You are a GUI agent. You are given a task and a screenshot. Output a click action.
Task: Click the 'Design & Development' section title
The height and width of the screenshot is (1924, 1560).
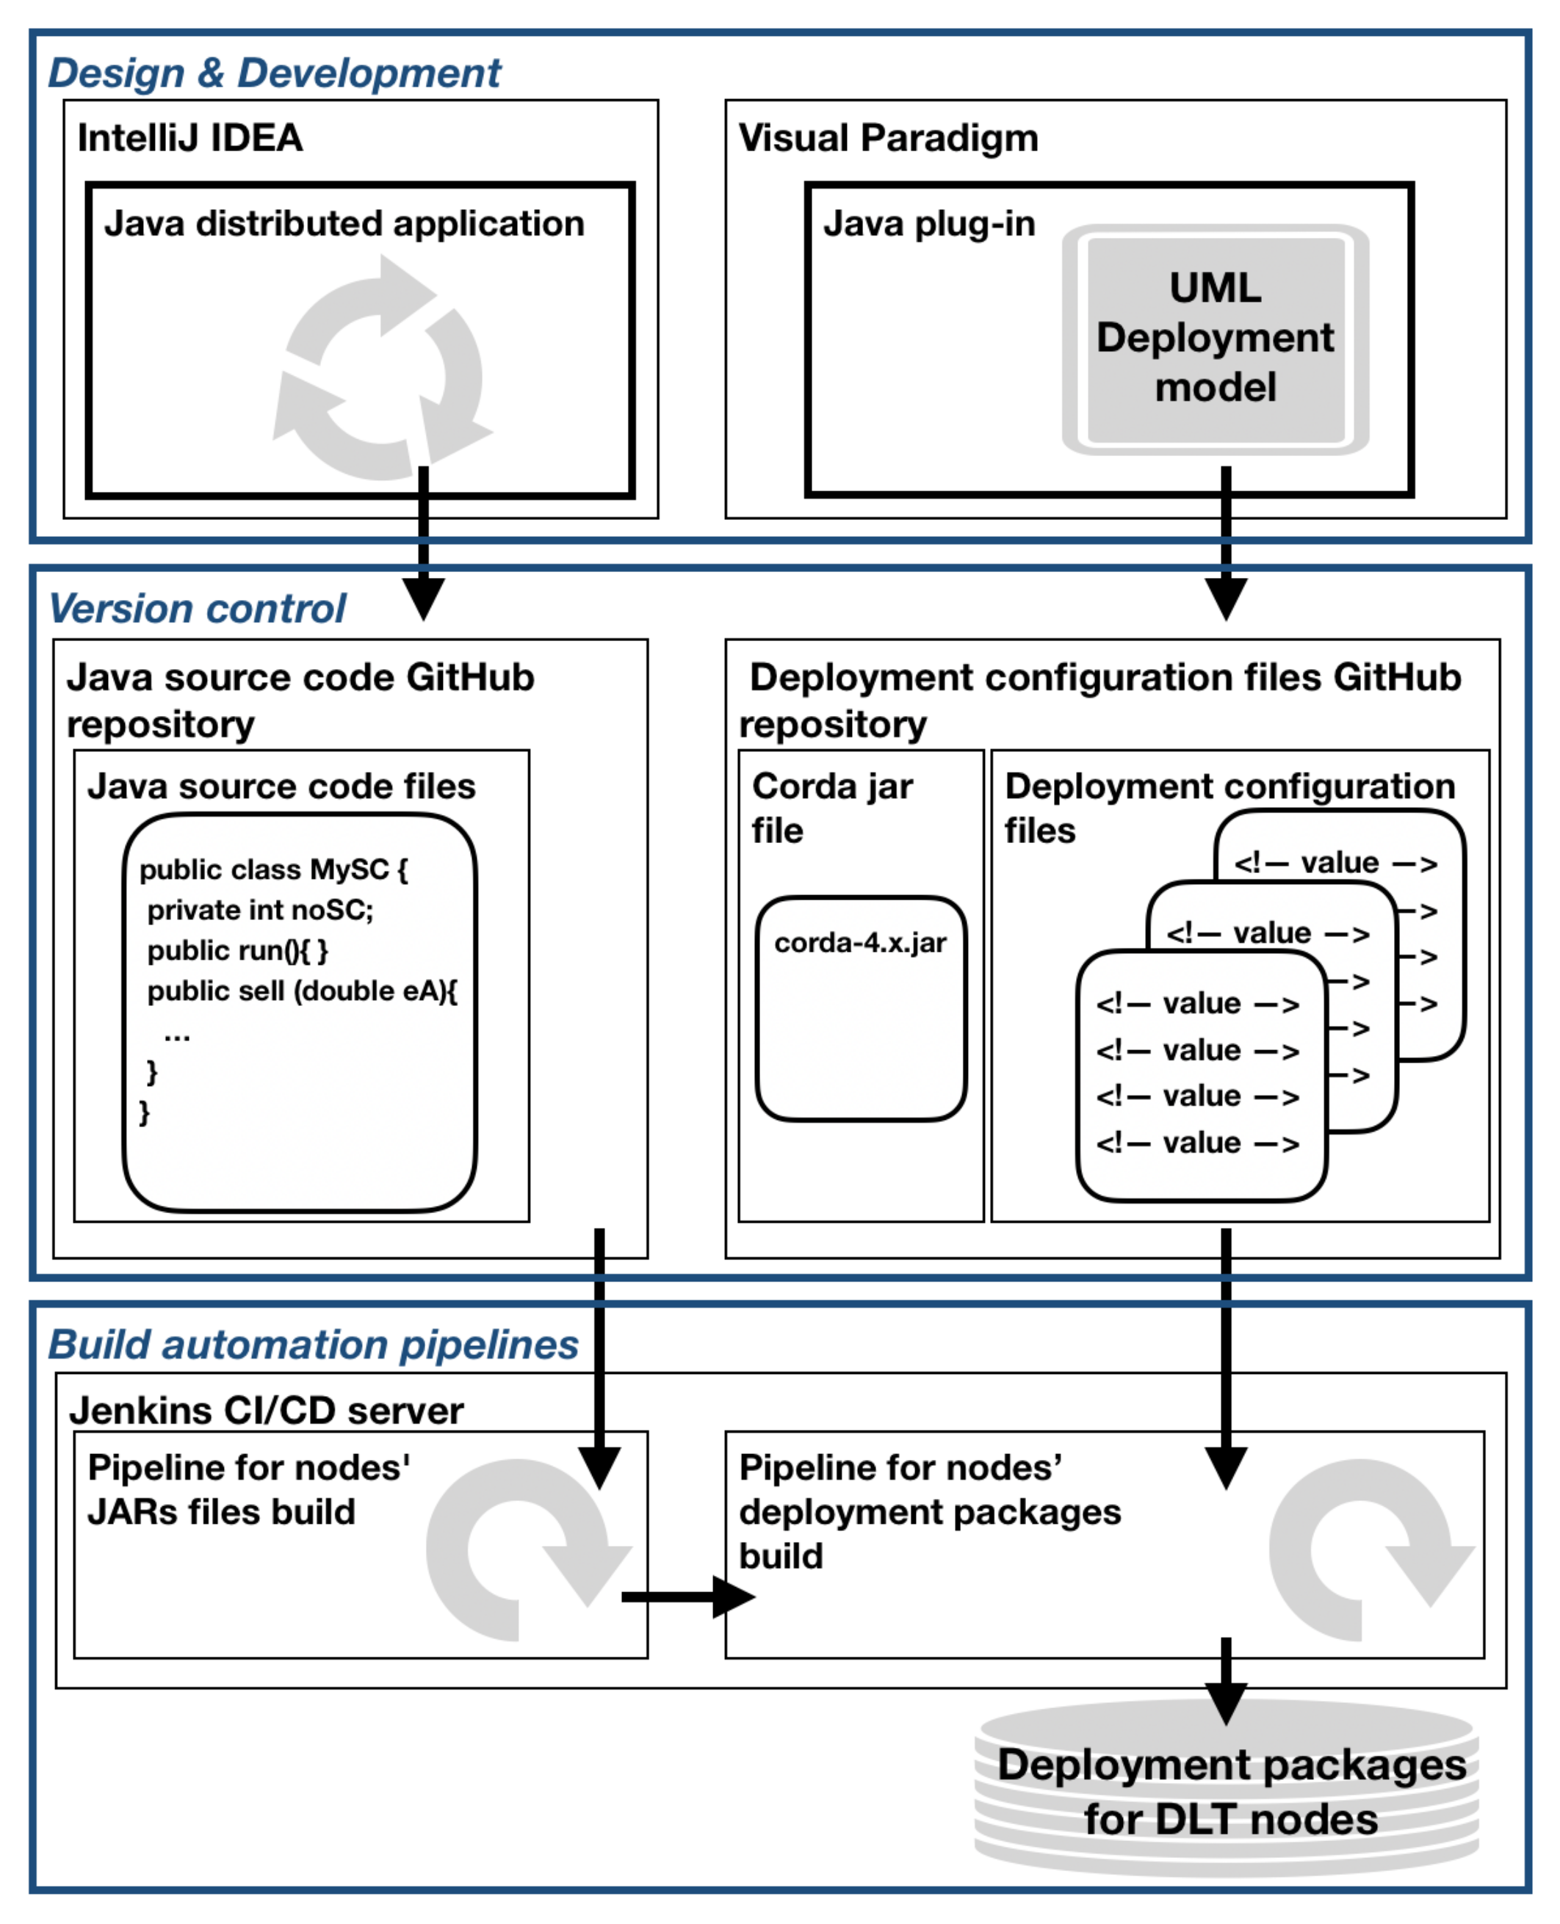(x=274, y=73)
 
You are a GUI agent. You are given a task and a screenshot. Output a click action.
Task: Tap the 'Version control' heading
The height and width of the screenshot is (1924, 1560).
(x=197, y=608)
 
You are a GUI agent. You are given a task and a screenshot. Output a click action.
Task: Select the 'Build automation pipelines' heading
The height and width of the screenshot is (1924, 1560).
(x=314, y=1345)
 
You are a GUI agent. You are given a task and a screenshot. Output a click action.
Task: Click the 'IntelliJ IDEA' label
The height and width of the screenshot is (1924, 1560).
(x=189, y=138)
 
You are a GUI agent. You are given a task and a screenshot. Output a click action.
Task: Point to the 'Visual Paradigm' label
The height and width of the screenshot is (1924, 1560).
(x=888, y=138)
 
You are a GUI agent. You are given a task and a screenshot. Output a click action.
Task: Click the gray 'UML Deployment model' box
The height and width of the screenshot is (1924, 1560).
(x=1215, y=339)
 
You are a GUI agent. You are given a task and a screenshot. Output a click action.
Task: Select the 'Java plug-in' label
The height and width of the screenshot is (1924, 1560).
(x=929, y=224)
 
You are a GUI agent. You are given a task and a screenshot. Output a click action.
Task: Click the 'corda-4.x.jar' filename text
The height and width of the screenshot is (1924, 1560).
(x=860, y=942)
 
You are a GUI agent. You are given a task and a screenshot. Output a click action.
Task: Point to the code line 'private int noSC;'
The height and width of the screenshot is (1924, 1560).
(x=260, y=910)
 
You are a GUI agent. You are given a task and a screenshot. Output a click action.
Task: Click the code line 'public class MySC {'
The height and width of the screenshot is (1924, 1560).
(x=273, y=869)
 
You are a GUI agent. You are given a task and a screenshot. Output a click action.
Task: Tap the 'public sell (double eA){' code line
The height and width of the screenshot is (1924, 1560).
(x=302, y=991)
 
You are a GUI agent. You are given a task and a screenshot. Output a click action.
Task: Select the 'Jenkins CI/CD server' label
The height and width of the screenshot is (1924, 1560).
(x=267, y=1410)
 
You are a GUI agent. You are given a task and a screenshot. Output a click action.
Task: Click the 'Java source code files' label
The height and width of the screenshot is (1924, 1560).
(x=281, y=786)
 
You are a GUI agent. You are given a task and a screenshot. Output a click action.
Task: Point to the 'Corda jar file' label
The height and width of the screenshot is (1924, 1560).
(x=832, y=808)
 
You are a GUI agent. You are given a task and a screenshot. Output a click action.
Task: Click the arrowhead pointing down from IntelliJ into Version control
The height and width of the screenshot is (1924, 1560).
(x=423, y=598)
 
